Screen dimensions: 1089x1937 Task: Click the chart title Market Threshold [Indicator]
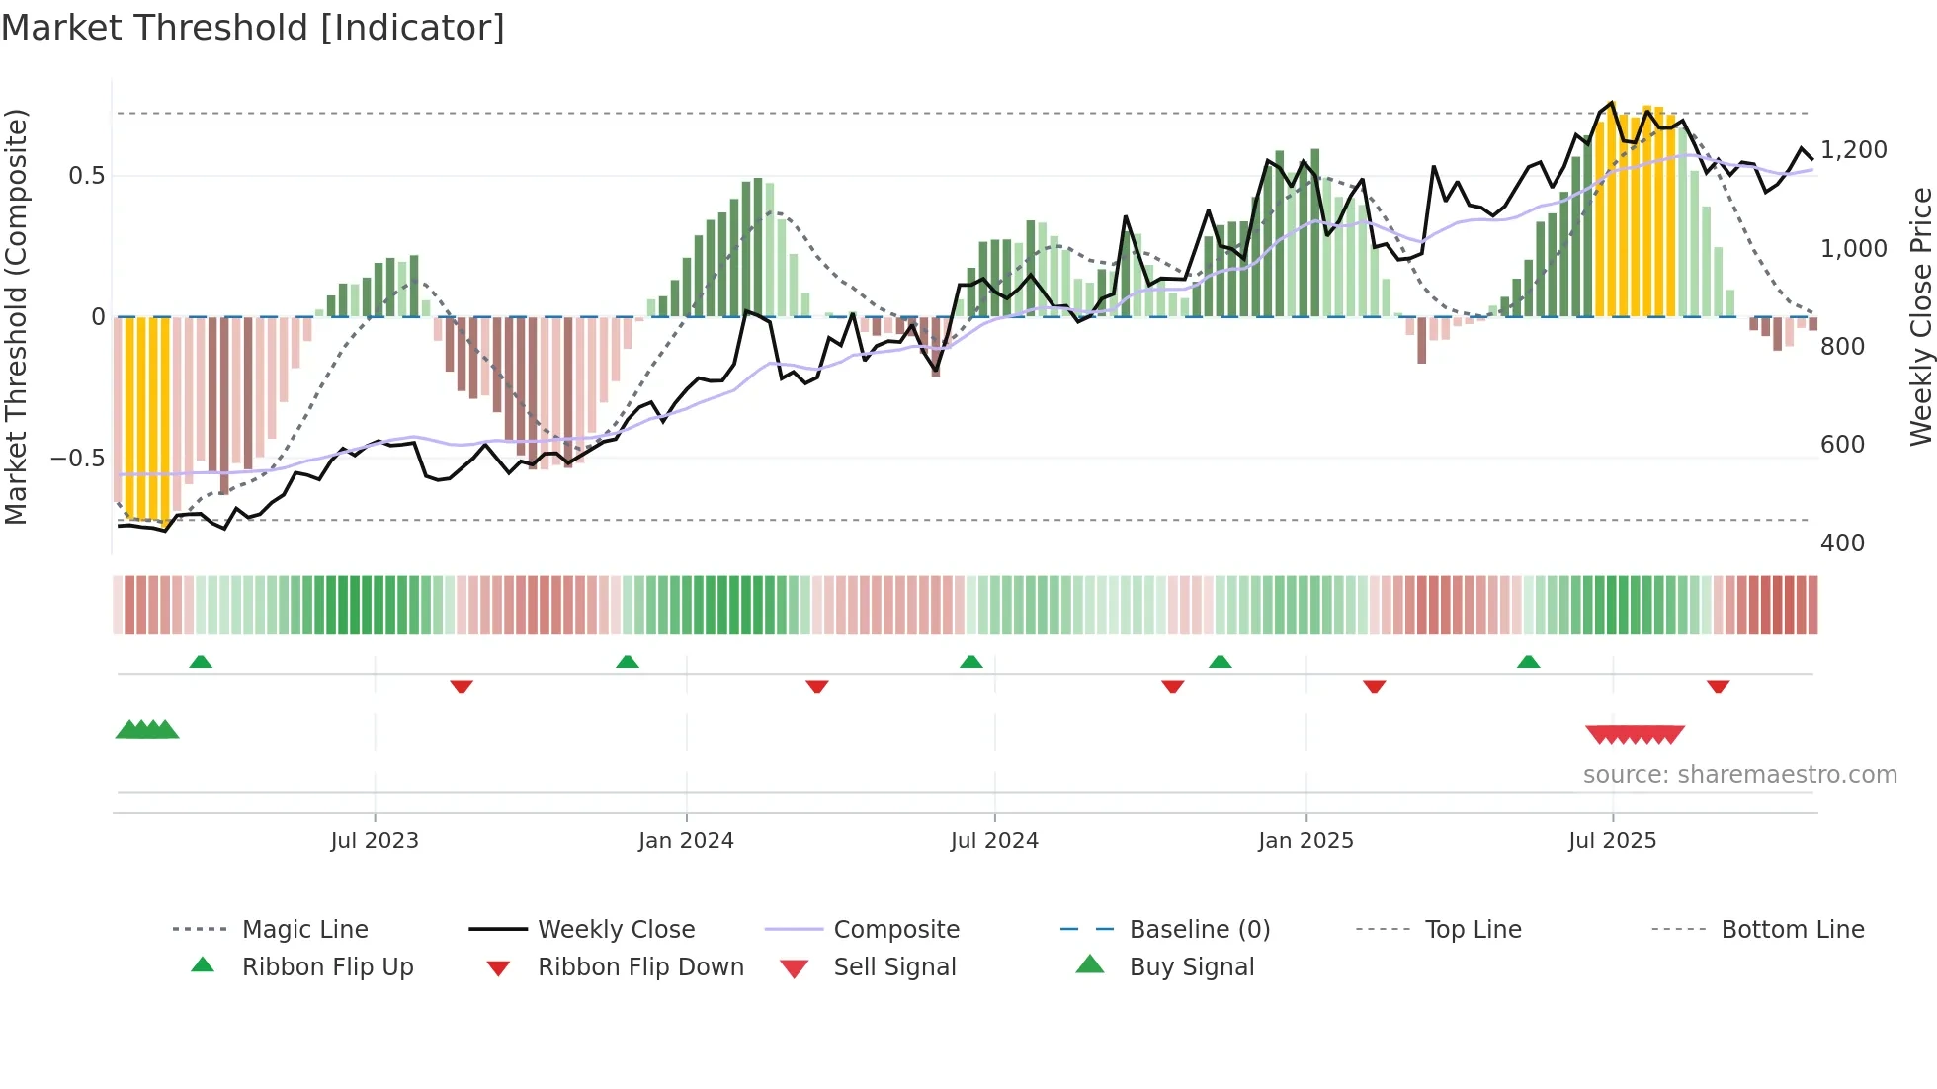point(253,28)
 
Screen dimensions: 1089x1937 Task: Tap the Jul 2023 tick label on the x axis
point(375,841)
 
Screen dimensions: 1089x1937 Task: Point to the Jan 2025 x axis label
point(1305,841)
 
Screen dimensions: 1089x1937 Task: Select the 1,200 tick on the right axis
point(1853,150)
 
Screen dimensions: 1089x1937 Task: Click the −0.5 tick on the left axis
point(78,459)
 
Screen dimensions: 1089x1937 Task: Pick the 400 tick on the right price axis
point(1842,544)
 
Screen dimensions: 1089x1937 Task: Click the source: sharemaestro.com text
point(1739,775)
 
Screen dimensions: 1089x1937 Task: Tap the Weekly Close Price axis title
point(1920,316)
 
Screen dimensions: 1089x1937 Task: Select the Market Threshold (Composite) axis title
point(16,316)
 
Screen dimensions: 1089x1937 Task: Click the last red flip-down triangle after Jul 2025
point(1718,686)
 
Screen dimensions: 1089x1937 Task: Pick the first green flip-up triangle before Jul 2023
point(201,662)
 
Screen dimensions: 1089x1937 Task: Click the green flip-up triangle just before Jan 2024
point(627,662)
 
